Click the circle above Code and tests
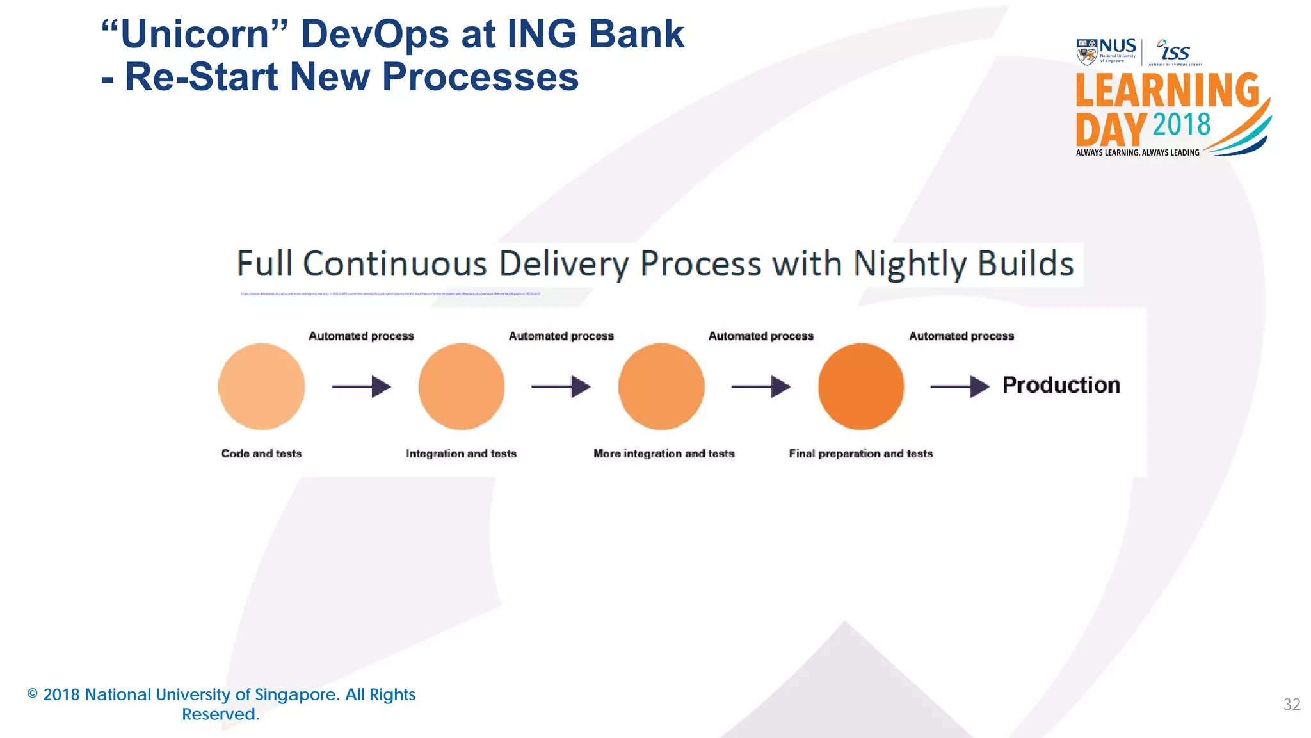(x=261, y=386)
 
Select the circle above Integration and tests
(x=462, y=386)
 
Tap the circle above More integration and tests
(x=661, y=386)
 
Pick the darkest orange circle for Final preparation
(x=861, y=386)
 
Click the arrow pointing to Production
(x=960, y=386)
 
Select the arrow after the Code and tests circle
(x=362, y=386)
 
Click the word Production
(x=1061, y=385)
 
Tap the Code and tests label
(x=261, y=454)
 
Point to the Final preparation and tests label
(x=860, y=454)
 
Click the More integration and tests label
(x=664, y=454)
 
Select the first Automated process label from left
(x=361, y=336)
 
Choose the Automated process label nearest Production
(x=961, y=336)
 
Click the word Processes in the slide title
(x=480, y=77)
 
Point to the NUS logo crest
(x=1087, y=52)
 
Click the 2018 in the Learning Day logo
(x=1182, y=124)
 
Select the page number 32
(x=1291, y=705)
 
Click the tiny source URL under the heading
(x=390, y=294)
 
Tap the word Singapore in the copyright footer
(x=295, y=695)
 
